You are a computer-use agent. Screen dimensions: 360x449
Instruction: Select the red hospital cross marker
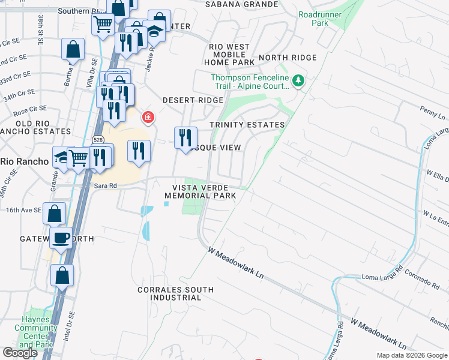pos(147,116)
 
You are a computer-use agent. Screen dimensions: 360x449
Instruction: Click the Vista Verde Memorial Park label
pos(200,191)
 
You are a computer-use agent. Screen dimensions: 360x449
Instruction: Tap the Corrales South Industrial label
pos(175,293)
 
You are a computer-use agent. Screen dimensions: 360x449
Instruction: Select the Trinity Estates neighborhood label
pos(247,125)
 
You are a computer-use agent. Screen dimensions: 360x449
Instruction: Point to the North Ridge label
pos(287,58)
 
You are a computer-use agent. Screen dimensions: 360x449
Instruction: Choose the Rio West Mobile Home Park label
pos(231,54)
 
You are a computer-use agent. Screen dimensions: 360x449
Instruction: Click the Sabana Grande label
pos(241,4)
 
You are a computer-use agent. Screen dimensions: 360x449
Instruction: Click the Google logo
pos(20,353)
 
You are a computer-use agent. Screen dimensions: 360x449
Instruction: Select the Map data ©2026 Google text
pos(411,355)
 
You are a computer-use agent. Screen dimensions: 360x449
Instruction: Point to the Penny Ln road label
pos(432,112)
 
